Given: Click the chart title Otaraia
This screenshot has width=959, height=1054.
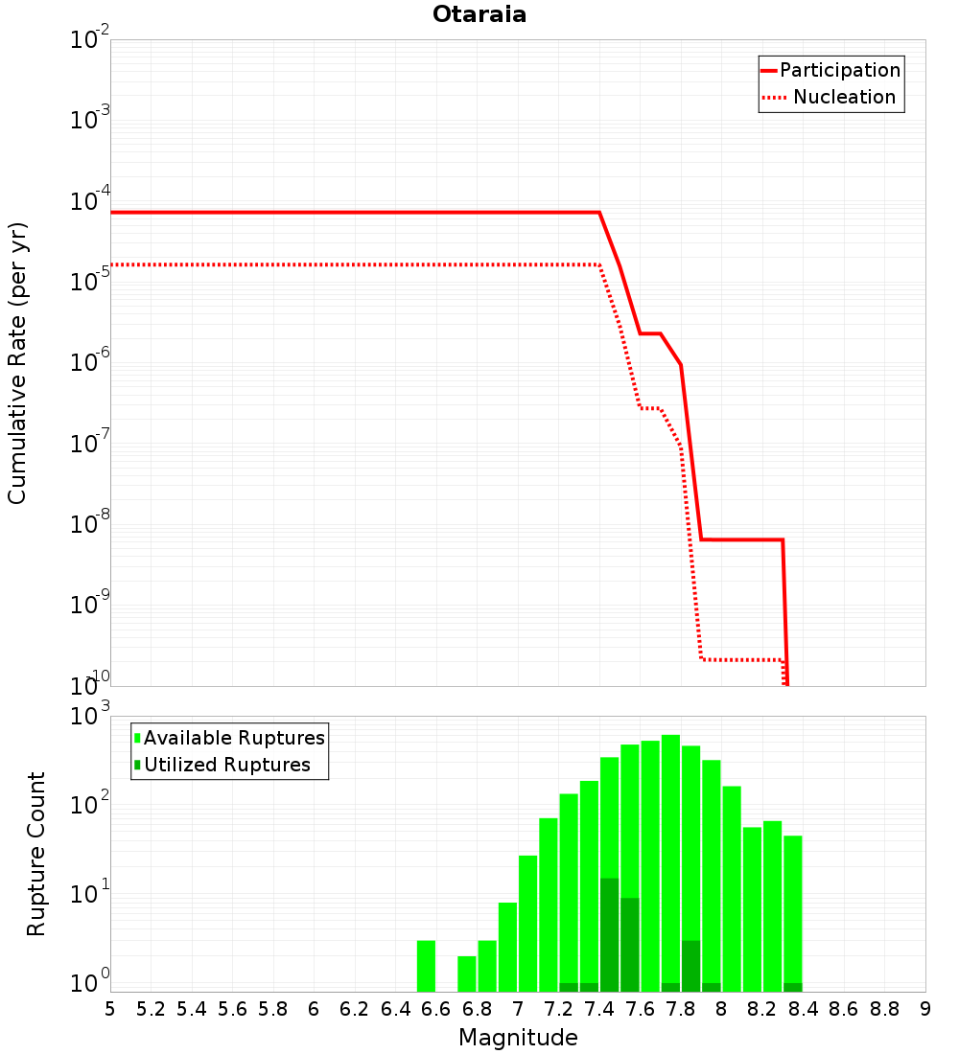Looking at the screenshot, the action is point(479,14).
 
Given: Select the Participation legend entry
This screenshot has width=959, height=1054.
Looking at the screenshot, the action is point(831,70).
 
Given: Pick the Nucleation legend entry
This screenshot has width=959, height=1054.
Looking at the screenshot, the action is point(830,97).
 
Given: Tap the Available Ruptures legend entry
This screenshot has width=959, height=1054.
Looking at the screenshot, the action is point(229,738).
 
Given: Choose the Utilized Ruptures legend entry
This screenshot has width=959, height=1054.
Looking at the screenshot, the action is point(222,765).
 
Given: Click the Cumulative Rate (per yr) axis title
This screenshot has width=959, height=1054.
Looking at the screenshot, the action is point(17,363).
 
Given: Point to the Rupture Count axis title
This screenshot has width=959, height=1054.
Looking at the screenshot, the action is point(35,854).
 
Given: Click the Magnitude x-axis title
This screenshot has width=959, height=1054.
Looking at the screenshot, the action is point(518,1038).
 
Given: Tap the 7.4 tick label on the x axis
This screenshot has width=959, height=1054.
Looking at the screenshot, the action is point(599,1009).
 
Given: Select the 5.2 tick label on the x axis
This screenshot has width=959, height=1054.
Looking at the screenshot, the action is point(151,1009).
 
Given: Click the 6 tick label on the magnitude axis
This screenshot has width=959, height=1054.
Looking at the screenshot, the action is point(314,1009).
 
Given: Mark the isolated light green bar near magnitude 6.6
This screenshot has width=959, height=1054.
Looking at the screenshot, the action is point(426,966).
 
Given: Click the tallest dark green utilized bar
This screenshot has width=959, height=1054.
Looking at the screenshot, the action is point(609,935).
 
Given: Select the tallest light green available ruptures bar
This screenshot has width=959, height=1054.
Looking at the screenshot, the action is point(670,863).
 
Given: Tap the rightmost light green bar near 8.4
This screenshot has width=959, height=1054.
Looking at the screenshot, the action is point(793,913).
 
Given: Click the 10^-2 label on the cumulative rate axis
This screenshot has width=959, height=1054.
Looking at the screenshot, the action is point(90,39).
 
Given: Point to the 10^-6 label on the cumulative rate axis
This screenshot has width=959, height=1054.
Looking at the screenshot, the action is point(90,361).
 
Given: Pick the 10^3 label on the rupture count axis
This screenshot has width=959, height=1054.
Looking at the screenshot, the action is point(90,716).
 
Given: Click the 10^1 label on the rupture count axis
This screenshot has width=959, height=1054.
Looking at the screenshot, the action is point(90,894).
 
